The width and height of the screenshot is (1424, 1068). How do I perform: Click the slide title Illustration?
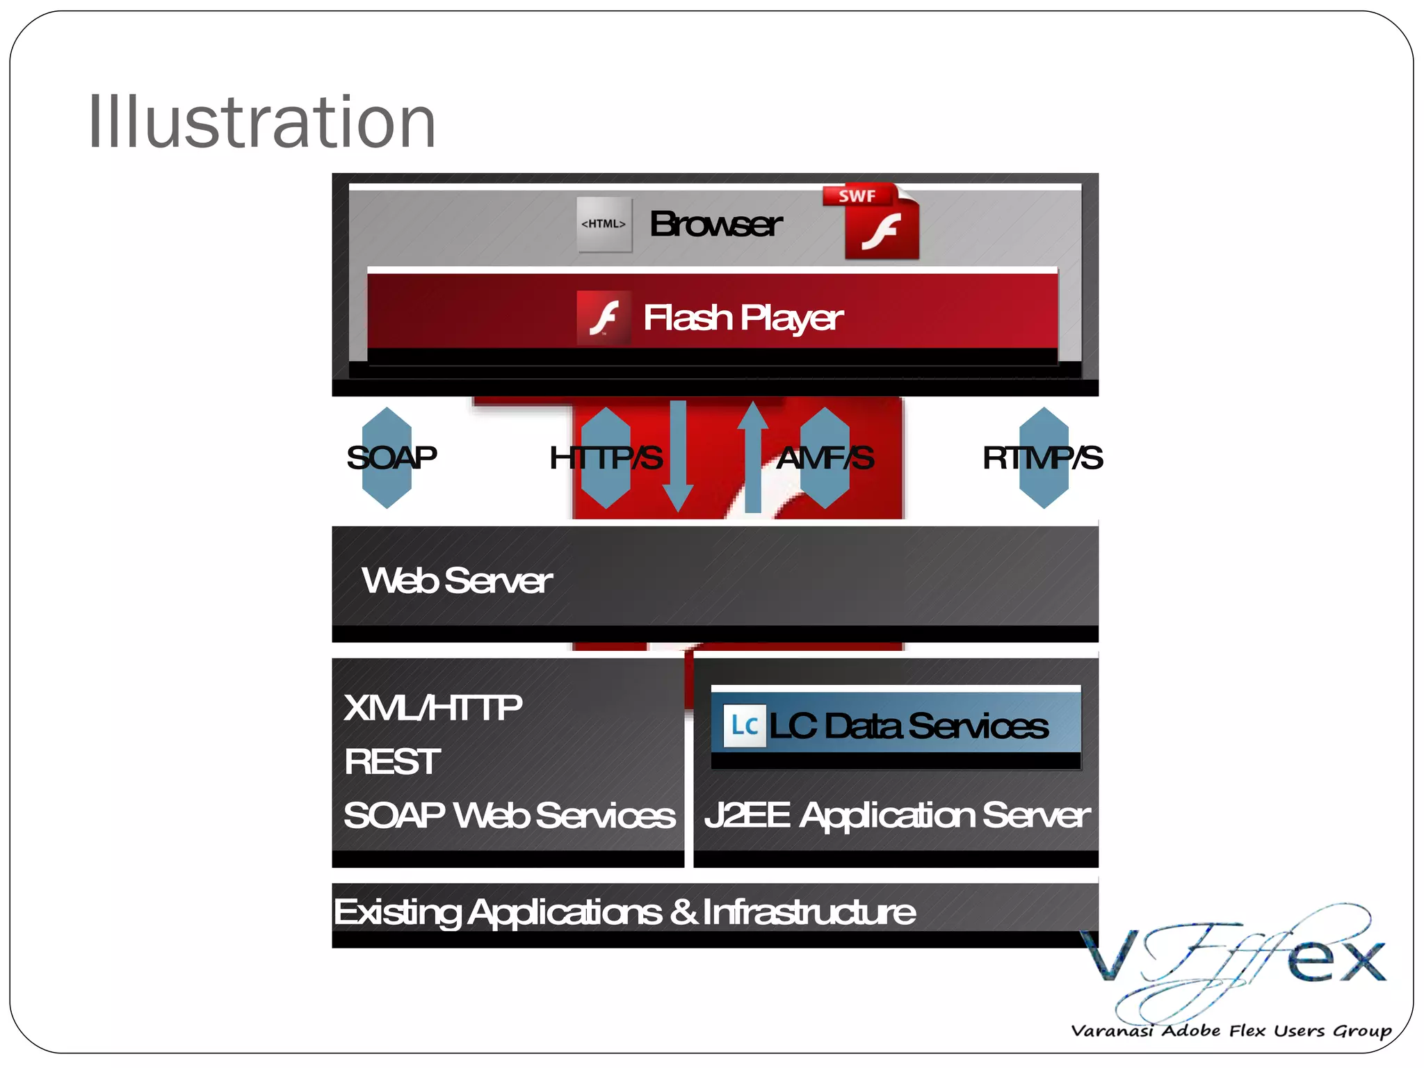261,122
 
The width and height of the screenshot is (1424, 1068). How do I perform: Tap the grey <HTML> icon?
604,224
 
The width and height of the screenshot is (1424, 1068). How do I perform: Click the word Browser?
715,224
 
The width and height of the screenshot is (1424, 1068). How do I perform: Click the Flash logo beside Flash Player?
604,318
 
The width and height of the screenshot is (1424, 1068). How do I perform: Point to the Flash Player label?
743,318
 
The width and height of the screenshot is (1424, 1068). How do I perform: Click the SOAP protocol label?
391,458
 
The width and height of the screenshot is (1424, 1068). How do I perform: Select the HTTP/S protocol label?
606,458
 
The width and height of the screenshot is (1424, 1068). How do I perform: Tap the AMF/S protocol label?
825,458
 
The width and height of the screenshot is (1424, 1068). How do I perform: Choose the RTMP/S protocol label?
1042,458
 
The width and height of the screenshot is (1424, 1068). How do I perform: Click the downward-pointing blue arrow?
678,455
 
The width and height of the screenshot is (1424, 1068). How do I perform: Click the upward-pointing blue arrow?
752,455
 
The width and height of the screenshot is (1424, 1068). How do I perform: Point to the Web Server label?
457,580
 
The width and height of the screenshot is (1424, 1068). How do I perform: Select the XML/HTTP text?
432,708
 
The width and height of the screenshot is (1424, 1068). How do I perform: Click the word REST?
392,761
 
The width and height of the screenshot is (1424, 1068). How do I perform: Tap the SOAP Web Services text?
509,815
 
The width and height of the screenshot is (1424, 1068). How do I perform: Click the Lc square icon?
744,726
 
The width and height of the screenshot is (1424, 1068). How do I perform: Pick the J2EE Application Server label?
896,815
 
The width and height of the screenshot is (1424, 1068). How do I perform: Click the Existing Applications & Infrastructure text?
624,912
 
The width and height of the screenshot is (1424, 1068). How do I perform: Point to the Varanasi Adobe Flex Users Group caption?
1231,1030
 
